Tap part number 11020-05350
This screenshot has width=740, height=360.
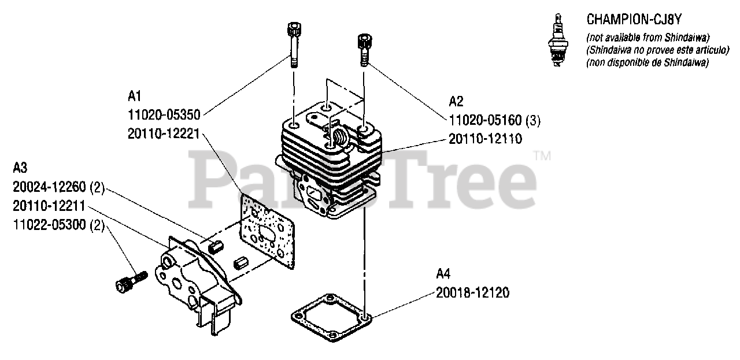coord(164,115)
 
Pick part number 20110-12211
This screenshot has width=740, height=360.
coord(49,206)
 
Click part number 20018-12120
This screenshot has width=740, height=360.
coord(473,292)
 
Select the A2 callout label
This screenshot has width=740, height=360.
coord(456,102)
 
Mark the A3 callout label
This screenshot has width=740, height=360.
coord(20,168)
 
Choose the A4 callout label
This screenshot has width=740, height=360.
coord(443,273)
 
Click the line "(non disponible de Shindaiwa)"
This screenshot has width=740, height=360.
coord(647,63)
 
